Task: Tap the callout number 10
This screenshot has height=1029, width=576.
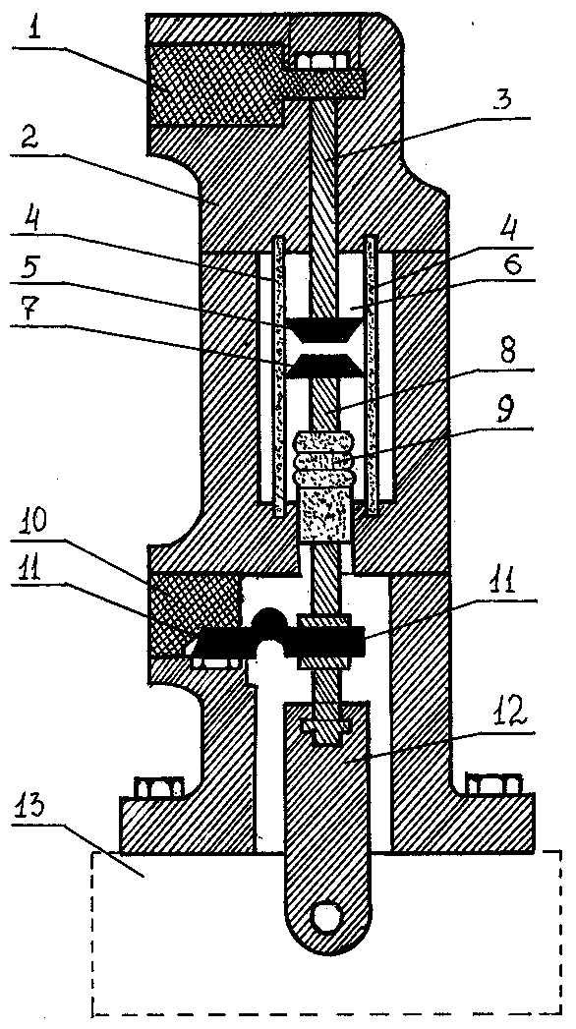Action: [29, 524]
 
